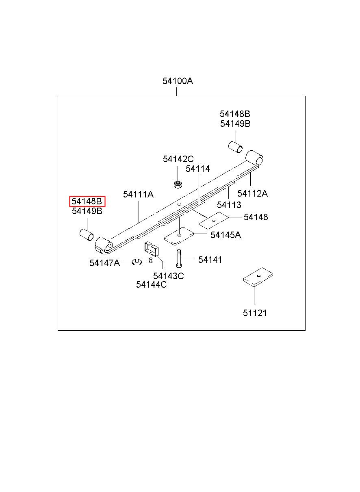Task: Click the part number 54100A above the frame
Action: pyautogui.click(x=178, y=81)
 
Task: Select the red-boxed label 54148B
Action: pyautogui.click(x=87, y=201)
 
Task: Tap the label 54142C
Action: pyautogui.click(x=178, y=159)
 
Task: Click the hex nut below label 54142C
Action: pyautogui.click(x=178, y=184)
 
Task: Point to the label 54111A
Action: pyautogui.click(x=138, y=194)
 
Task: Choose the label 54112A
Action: pyautogui.click(x=252, y=193)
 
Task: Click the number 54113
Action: pyautogui.click(x=229, y=205)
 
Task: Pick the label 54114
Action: pyautogui.click(x=198, y=169)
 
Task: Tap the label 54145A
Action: pyautogui.click(x=226, y=235)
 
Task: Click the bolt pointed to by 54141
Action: pyautogui.click(x=178, y=258)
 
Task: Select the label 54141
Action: pyautogui.click(x=210, y=260)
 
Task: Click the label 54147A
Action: pyautogui.click(x=104, y=263)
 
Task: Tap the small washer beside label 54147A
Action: pyautogui.click(x=137, y=262)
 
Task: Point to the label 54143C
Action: pyautogui.click(x=169, y=276)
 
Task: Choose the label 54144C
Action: pyautogui.click(x=151, y=285)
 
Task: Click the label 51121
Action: pyautogui.click(x=255, y=313)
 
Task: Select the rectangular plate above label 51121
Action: pyautogui.click(x=258, y=277)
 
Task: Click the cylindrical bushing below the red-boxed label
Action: pyautogui.click(x=87, y=235)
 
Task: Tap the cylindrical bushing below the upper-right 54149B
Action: pyautogui.click(x=235, y=147)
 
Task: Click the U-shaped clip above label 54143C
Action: pyautogui.click(x=151, y=249)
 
